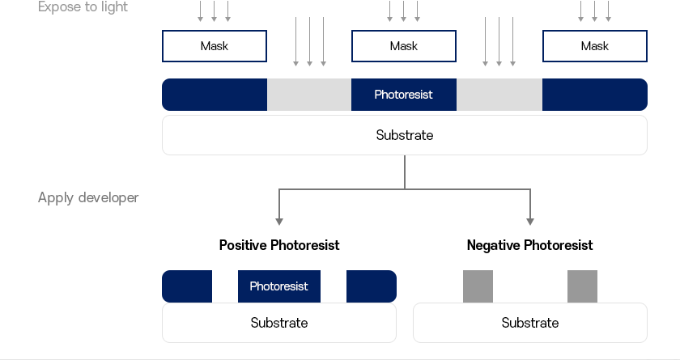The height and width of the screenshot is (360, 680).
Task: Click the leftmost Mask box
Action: (215, 46)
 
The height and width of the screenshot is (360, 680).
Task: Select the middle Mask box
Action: (404, 46)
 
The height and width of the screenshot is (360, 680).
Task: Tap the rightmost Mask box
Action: (594, 46)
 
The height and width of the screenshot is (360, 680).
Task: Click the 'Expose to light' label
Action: (83, 7)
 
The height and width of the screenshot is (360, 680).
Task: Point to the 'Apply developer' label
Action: (88, 197)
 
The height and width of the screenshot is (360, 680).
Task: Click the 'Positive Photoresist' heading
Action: (279, 245)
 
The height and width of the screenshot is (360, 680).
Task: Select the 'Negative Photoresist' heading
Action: (530, 245)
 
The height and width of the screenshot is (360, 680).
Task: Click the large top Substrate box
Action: (405, 135)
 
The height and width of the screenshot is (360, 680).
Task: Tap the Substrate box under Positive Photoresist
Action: (279, 323)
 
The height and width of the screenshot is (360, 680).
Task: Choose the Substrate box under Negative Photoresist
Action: (530, 323)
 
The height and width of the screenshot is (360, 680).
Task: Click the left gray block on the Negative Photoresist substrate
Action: (478, 286)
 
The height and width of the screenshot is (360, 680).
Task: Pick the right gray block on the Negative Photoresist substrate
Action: (582, 286)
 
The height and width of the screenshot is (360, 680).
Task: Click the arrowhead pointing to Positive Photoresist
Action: (279, 222)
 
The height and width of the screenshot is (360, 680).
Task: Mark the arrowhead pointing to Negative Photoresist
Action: (530, 222)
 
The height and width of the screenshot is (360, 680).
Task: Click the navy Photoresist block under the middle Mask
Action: (404, 95)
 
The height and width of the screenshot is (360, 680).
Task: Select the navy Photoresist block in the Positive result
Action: (279, 286)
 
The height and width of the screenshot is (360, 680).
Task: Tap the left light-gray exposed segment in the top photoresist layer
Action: (309, 95)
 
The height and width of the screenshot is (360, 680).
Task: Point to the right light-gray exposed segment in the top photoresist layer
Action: (499, 95)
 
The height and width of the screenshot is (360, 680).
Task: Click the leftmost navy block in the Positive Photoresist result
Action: (187, 286)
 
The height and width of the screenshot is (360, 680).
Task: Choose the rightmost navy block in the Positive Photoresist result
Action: (372, 286)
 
